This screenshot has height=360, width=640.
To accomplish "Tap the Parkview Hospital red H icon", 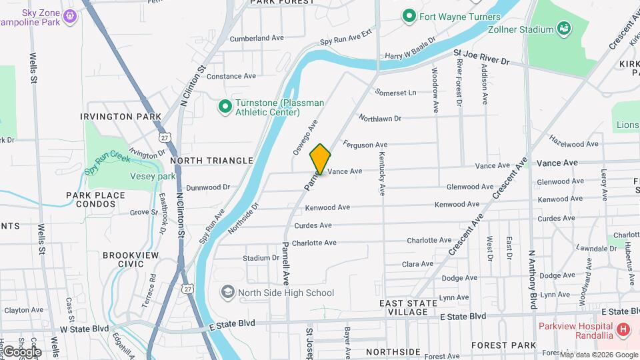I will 623,329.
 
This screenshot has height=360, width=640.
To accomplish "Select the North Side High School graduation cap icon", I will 227,293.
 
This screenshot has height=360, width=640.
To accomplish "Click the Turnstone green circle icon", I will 225,106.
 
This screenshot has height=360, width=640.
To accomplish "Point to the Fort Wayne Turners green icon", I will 409,17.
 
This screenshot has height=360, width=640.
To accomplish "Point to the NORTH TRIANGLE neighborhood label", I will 211,161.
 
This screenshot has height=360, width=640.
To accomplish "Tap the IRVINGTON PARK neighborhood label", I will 121,117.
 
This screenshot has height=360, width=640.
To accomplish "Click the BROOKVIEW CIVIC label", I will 123,259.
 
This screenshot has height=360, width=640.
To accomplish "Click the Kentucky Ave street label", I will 382,174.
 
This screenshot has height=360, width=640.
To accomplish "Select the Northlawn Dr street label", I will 380,119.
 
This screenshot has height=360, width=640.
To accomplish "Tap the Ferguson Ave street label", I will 365,144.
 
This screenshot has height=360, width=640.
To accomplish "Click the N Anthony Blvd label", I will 533,279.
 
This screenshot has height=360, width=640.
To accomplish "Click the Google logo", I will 22,351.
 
